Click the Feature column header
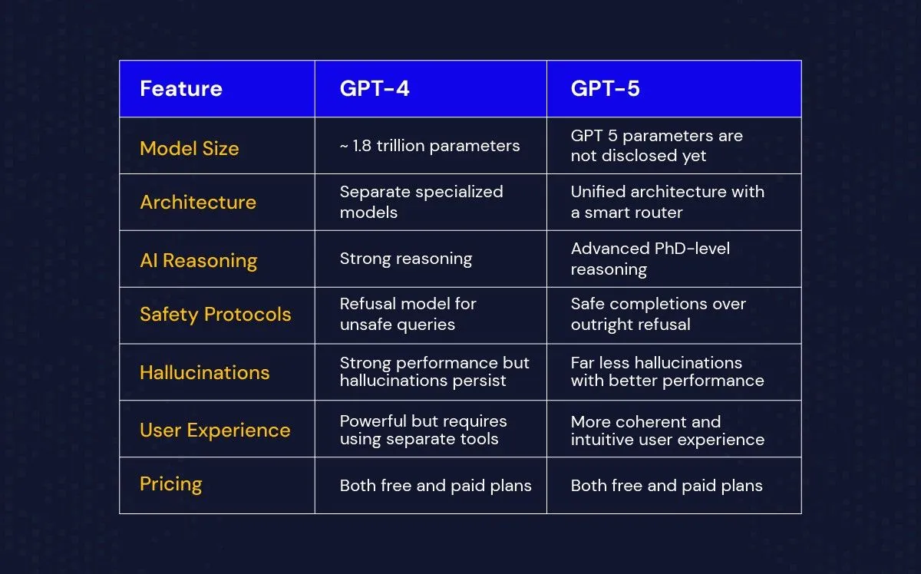181,89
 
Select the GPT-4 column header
375,89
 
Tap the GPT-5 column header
606,89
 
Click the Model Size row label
189,148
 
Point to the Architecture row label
198,202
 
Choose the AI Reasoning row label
199,261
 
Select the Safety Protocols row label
216,315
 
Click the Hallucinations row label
205,372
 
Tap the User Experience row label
215,430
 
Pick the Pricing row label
171,484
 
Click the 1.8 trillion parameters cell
430,146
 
